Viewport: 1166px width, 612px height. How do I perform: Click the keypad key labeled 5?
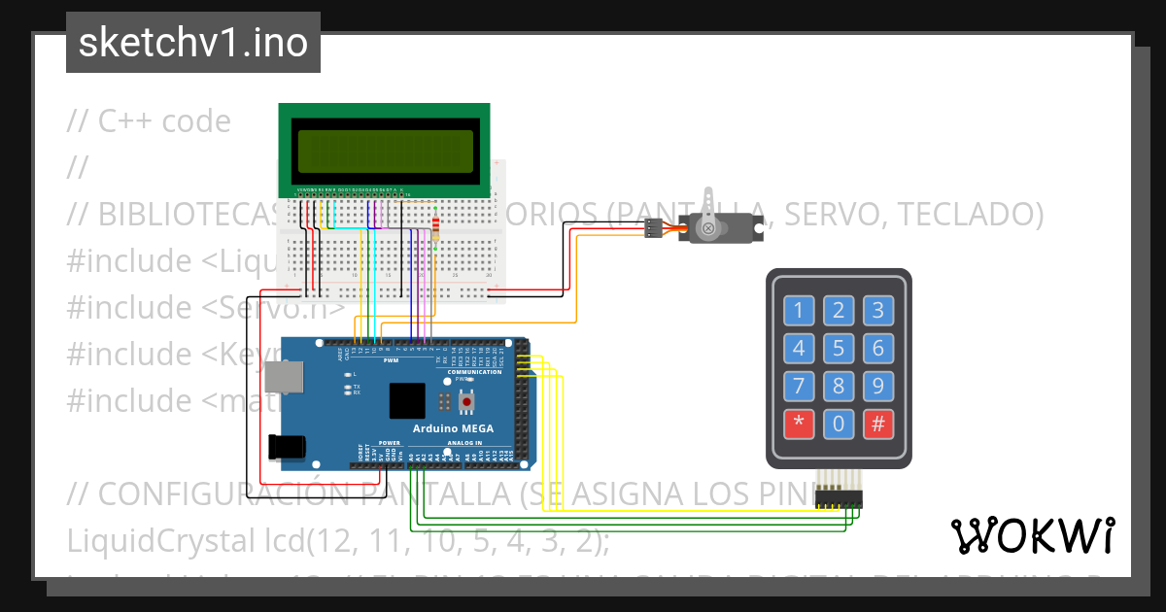pyautogui.click(x=839, y=348)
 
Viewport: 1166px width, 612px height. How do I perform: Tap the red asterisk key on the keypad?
pyautogui.click(x=799, y=425)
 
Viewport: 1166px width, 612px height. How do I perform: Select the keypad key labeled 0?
pyautogui.click(x=839, y=425)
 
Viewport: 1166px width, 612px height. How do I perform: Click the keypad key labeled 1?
pyautogui.click(x=799, y=311)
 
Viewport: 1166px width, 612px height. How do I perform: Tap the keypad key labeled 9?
pyautogui.click(x=877, y=387)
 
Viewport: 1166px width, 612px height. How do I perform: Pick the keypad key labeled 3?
pyautogui.click(x=877, y=311)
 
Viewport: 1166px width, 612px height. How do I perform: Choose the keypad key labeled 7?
pyautogui.click(x=799, y=387)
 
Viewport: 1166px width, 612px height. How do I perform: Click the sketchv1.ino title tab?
pyautogui.click(x=192, y=43)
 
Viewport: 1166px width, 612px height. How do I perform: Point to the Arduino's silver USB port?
pyautogui.click(x=285, y=377)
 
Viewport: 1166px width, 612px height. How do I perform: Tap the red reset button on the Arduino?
pyautogui.click(x=467, y=400)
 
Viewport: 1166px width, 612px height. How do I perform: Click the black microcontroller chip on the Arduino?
pyautogui.click(x=407, y=400)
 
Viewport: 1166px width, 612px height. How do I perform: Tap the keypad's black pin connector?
pyautogui.click(x=840, y=498)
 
